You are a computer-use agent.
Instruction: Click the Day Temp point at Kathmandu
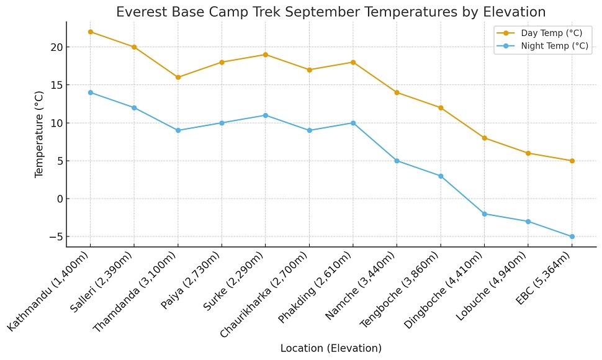(91, 32)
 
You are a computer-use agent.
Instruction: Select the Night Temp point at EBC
(572, 236)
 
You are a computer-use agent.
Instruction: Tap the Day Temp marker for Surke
(266, 55)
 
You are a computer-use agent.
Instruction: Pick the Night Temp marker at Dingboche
(484, 214)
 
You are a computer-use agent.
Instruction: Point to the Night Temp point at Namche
(397, 161)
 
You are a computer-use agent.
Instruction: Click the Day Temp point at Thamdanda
(178, 77)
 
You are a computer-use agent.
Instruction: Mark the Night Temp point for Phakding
(353, 123)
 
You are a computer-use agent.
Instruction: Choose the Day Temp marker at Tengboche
(441, 107)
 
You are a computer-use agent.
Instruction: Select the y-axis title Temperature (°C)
(40, 133)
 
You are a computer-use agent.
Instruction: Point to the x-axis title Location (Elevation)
(331, 348)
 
